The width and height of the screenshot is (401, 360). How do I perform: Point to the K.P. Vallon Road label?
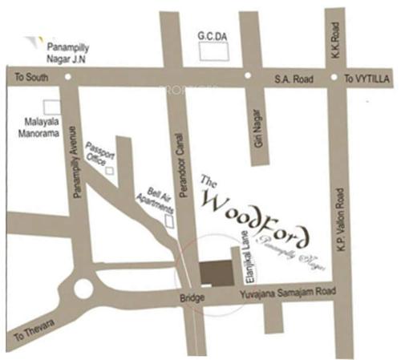[341, 220]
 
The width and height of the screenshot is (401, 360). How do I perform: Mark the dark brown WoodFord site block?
[214, 273]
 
